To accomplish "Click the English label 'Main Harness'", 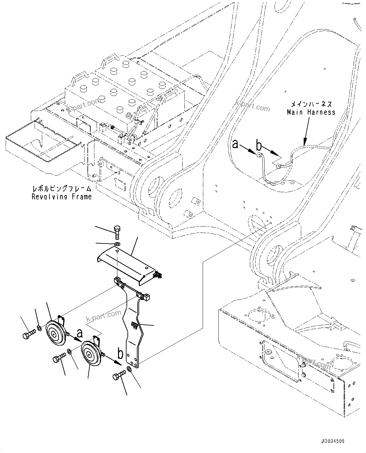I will (311, 112).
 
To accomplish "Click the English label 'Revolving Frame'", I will (62, 197).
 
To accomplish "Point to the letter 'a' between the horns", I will (80, 333).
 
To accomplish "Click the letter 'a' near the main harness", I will (235, 145).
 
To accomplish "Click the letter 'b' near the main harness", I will (259, 146).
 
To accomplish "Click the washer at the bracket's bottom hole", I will (129, 369).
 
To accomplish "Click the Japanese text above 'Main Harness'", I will (311, 104).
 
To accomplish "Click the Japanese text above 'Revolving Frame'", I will (62, 189).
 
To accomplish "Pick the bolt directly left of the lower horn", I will (59, 358).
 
